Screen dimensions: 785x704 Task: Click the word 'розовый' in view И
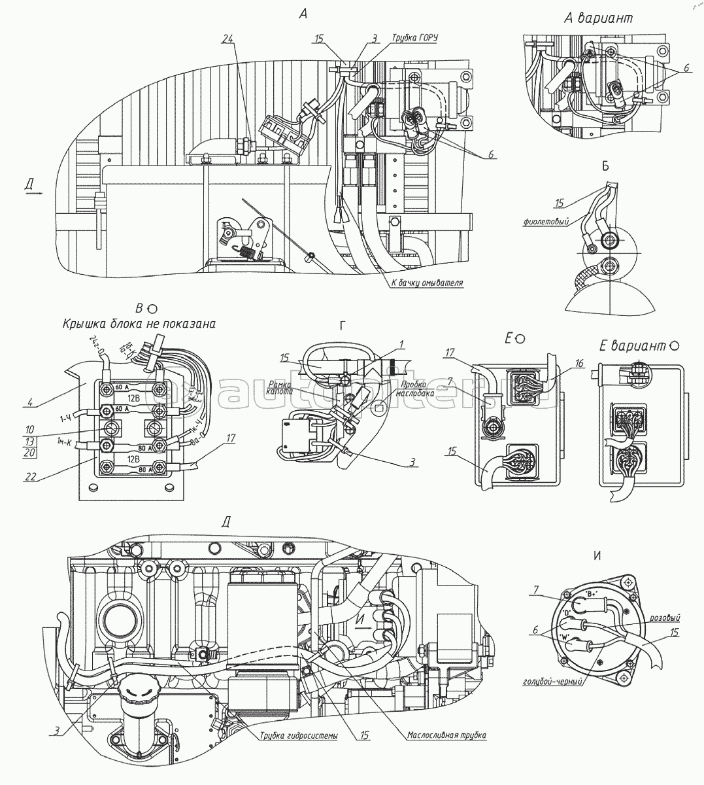point(665,617)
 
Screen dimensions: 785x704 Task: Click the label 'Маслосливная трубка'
point(447,735)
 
